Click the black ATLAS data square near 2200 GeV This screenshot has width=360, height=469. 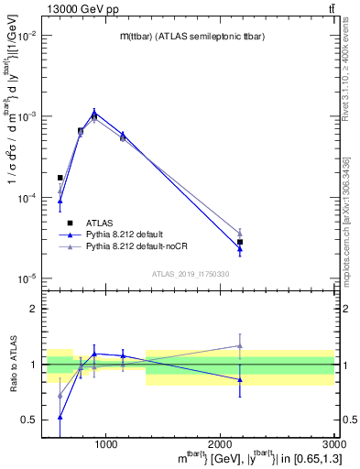click(x=240, y=242)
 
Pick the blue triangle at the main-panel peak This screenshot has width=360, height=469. click(x=94, y=113)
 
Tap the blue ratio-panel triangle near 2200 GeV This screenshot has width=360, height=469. click(x=240, y=379)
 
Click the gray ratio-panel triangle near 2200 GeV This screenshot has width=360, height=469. click(x=240, y=346)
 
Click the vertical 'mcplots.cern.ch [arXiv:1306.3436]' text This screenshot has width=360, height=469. click(x=351, y=204)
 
